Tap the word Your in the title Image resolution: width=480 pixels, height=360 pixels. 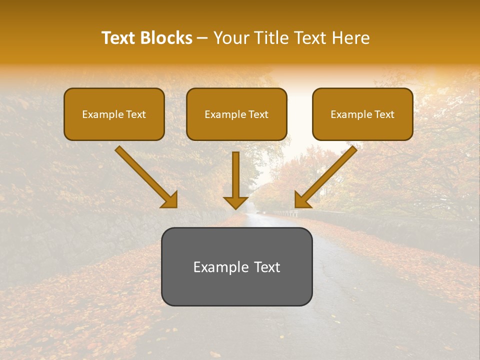[231, 38]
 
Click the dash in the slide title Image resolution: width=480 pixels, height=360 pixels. [203, 38]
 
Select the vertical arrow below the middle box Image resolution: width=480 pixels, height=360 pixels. [235, 175]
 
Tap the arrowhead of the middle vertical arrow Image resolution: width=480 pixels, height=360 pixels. [235, 203]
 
